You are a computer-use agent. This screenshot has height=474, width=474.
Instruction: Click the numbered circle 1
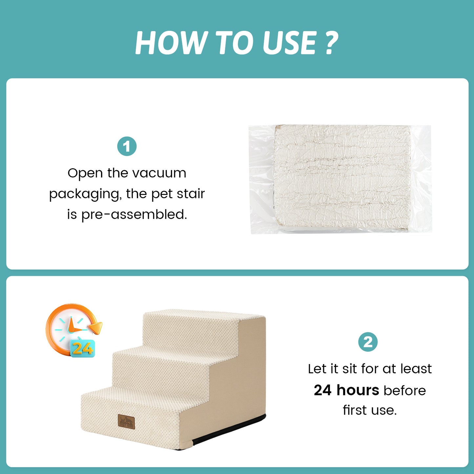click(x=127, y=146)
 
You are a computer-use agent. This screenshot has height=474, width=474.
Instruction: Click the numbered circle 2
click(x=368, y=342)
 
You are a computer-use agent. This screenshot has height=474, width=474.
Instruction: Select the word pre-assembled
click(x=134, y=215)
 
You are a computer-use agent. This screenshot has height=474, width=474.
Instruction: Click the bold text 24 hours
click(x=346, y=390)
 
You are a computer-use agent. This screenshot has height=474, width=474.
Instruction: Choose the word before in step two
click(x=404, y=390)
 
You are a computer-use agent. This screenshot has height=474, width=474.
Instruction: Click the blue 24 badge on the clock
click(x=82, y=348)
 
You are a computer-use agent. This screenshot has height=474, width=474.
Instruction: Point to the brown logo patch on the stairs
click(x=126, y=422)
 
